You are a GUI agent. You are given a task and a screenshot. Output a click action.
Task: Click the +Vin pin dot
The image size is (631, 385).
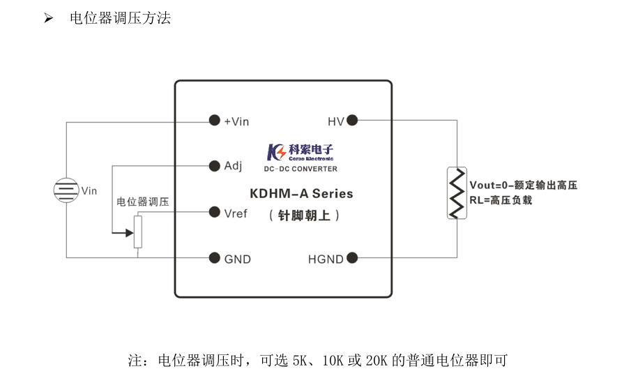click(215, 121)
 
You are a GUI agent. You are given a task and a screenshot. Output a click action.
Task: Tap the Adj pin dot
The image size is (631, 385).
click(215, 166)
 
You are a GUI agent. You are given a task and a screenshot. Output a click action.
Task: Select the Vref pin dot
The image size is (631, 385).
click(215, 212)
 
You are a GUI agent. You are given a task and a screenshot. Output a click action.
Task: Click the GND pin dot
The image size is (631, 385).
click(215, 258)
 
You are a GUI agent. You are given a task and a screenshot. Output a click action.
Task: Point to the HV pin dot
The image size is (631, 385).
click(352, 121)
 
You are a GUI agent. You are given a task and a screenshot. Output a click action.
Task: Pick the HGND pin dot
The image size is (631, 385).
click(352, 258)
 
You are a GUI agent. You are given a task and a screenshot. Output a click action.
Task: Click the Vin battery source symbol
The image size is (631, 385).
click(66, 190)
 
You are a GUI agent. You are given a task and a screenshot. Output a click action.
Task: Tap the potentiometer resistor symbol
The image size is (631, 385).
click(137, 232)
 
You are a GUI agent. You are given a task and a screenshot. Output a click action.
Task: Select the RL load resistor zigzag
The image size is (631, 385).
click(457, 192)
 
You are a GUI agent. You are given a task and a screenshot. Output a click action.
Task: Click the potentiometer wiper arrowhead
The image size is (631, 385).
click(129, 232)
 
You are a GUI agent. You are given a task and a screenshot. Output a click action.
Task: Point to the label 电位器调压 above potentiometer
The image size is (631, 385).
click(142, 202)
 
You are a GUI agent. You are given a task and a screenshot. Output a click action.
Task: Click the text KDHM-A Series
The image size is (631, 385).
click(301, 194)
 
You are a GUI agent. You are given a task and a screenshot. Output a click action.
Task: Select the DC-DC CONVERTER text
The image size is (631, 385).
click(301, 169)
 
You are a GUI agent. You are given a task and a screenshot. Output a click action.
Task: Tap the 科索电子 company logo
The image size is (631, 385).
click(301, 151)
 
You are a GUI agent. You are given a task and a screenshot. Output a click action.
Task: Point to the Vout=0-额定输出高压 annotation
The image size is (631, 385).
click(523, 185)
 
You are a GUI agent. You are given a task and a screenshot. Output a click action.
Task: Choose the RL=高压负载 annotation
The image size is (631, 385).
click(501, 200)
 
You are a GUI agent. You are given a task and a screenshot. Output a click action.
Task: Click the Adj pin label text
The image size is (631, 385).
click(233, 166)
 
